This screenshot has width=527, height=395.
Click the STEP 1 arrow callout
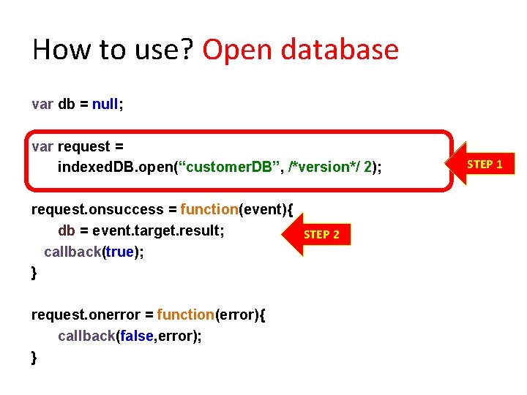pyautogui.click(x=483, y=164)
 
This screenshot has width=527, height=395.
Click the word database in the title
pyautogui.click(x=342, y=50)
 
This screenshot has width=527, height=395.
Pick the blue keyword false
pyautogui.click(x=137, y=336)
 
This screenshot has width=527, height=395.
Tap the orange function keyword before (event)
pyautogui.click(x=209, y=210)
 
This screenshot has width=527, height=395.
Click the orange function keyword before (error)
pyautogui.click(x=186, y=315)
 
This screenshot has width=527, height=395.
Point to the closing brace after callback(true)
pyautogui.click(x=34, y=273)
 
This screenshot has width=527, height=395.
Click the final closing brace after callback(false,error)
pyautogui.click(x=34, y=357)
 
